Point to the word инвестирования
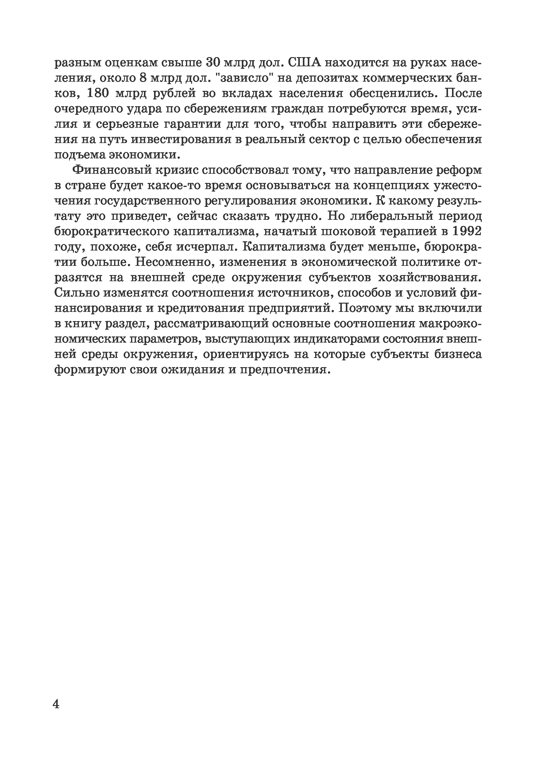click(181, 140)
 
